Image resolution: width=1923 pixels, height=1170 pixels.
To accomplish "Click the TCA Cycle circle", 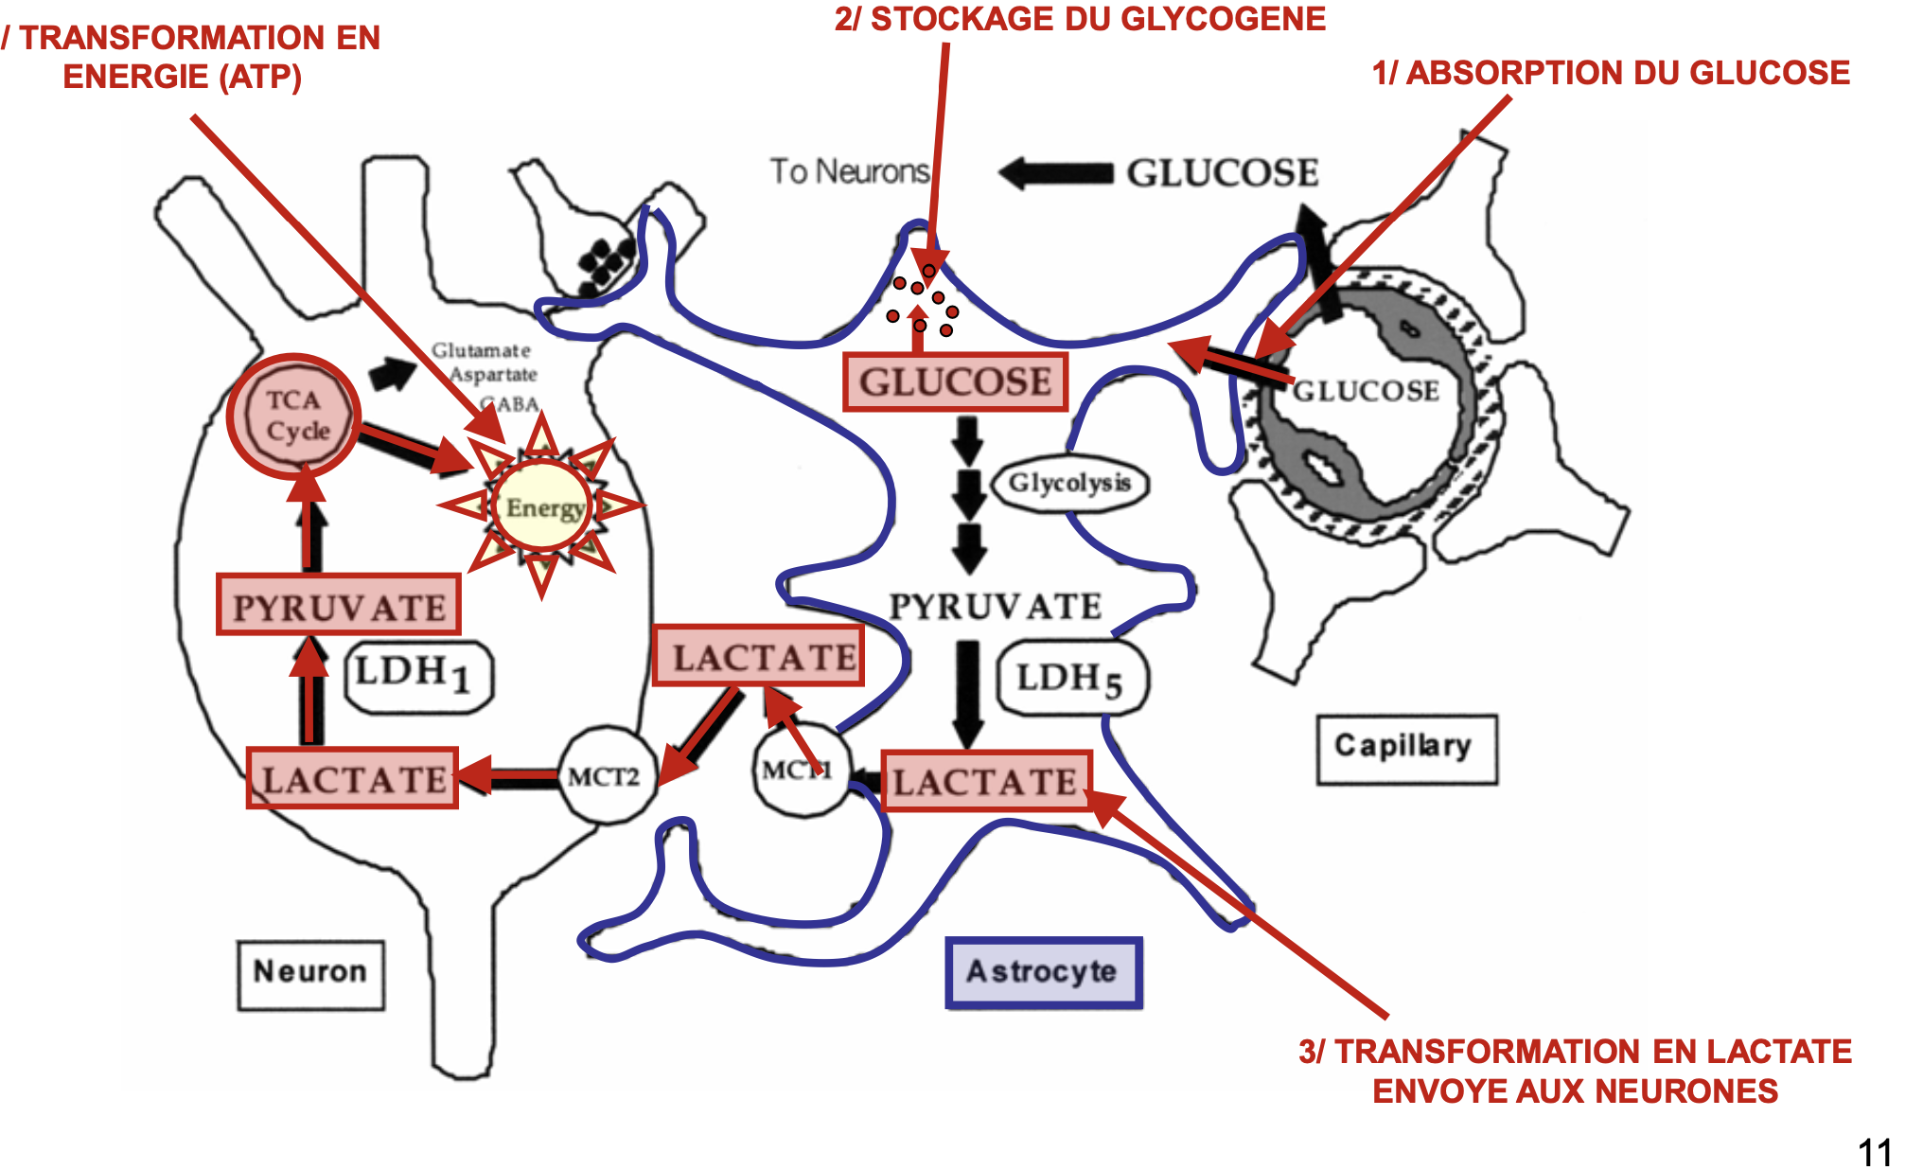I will (293, 416).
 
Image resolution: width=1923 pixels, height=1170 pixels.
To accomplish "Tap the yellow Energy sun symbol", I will (542, 506).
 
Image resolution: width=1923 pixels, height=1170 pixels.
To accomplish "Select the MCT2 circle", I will (605, 776).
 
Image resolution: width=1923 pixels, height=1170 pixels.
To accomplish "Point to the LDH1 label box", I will (417, 676).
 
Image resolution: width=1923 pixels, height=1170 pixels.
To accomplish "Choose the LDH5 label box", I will (1072, 678).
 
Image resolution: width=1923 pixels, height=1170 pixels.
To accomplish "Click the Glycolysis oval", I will (1069, 484).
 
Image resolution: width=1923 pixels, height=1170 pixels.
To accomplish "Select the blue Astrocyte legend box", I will (1043, 972).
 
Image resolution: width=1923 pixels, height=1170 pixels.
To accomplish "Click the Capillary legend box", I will (1405, 749).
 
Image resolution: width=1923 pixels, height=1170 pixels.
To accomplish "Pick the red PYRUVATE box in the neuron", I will (338, 605).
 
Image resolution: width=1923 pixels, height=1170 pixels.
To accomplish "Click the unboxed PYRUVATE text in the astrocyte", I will (995, 606).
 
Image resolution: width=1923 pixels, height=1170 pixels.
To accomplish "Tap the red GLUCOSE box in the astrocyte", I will (955, 382).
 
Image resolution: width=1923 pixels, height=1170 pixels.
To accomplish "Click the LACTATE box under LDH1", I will (352, 778).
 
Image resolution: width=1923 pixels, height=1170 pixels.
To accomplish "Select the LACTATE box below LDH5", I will (985, 781).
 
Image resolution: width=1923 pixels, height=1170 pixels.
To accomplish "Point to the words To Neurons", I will (849, 171).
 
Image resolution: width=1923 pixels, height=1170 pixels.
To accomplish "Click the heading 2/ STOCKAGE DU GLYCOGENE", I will (1079, 19).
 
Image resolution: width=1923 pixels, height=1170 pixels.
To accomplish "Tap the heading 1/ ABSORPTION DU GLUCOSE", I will (1610, 73).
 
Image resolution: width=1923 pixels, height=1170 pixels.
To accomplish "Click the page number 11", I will (1874, 1152).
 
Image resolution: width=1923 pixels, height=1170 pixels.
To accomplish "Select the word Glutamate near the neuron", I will (481, 350).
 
